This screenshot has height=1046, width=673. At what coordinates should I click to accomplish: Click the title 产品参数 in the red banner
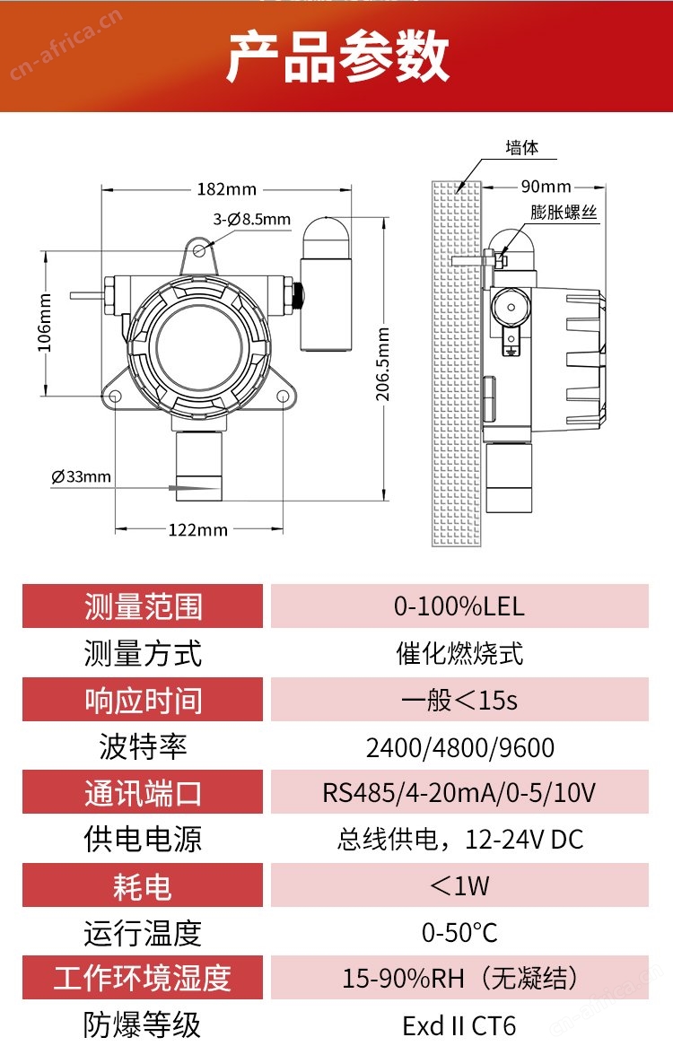click(x=336, y=57)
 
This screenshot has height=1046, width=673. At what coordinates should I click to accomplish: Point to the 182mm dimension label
click(x=227, y=189)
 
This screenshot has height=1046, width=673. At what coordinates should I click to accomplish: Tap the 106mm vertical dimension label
click(x=44, y=322)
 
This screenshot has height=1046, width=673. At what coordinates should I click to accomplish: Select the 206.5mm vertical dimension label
click(x=383, y=364)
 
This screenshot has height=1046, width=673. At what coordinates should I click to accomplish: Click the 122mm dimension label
click(x=197, y=530)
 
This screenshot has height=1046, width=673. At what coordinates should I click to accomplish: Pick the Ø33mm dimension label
click(x=82, y=477)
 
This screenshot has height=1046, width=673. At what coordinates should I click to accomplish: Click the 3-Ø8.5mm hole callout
click(x=251, y=219)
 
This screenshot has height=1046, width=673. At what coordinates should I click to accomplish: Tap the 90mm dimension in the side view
click(x=546, y=186)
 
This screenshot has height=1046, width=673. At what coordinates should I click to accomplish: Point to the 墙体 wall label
click(x=521, y=147)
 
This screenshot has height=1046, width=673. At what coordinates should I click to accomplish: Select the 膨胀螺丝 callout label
click(x=564, y=212)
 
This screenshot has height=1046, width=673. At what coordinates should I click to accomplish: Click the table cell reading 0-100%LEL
click(x=459, y=606)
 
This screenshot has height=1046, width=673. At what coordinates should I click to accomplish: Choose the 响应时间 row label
click(x=143, y=700)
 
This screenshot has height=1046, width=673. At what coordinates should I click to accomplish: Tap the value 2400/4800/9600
click(x=459, y=748)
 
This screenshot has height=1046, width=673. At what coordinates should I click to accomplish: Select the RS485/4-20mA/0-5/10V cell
click(x=459, y=792)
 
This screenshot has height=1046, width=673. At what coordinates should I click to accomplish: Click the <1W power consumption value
click(x=459, y=885)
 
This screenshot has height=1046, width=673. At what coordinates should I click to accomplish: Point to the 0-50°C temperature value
click(x=459, y=933)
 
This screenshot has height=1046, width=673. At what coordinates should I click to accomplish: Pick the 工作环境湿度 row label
click(x=143, y=978)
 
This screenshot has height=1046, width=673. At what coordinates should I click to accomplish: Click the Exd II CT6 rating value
click(x=459, y=1025)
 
